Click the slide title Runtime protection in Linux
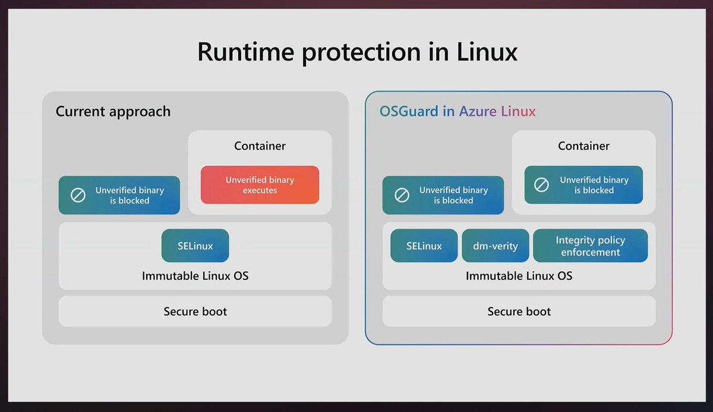click(356, 52)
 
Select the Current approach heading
click(113, 111)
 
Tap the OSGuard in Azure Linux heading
click(458, 111)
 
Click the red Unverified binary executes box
click(260, 185)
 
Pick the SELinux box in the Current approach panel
click(195, 246)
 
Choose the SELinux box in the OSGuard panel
click(424, 246)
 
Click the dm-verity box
click(495, 246)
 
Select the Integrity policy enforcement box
click(590, 246)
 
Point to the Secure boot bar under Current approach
click(195, 312)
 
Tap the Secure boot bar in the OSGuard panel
click(519, 312)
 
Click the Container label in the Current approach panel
click(260, 146)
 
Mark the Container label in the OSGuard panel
click(583, 146)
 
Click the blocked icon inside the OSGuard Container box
click(541, 185)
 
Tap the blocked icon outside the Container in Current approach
click(78, 195)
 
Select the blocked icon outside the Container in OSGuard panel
click(402, 195)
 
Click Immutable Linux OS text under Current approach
click(195, 276)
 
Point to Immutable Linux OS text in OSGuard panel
click(519, 276)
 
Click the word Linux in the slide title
click(487, 52)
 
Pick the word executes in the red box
click(260, 191)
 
